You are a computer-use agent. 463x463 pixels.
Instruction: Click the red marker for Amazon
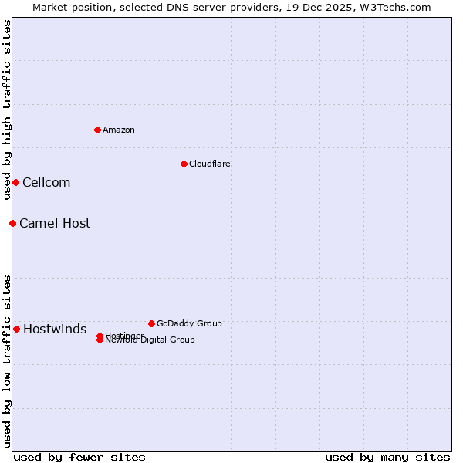[x=97, y=130]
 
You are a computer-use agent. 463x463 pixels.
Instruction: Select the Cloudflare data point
[x=184, y=164]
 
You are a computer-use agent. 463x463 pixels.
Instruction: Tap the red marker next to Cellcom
[x=15, y=182]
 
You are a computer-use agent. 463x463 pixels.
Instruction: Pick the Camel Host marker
[x=12, y=223]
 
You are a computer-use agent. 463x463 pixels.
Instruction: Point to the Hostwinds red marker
[x=16, y=329]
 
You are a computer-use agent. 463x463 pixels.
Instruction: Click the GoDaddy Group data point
[x=151, y=323]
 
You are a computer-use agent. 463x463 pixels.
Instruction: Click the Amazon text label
[x=119, y=130]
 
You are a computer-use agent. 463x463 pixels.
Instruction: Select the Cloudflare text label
[x=210, y=164]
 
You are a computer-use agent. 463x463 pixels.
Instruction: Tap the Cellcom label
[x=46, y=182]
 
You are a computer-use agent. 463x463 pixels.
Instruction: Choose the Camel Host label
[x=55, y=223]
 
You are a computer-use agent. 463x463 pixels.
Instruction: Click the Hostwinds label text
[x=55, y=330]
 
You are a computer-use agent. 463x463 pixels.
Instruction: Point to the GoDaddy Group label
[x=189, y=323]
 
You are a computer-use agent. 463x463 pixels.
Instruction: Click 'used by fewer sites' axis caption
[x=79, y=457]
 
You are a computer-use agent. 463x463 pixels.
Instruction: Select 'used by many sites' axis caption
[x=387, y=457]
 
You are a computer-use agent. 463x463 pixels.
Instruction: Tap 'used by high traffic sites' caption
[x=7, y=110]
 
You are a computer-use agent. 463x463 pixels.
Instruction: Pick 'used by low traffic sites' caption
[x=7, y=361]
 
